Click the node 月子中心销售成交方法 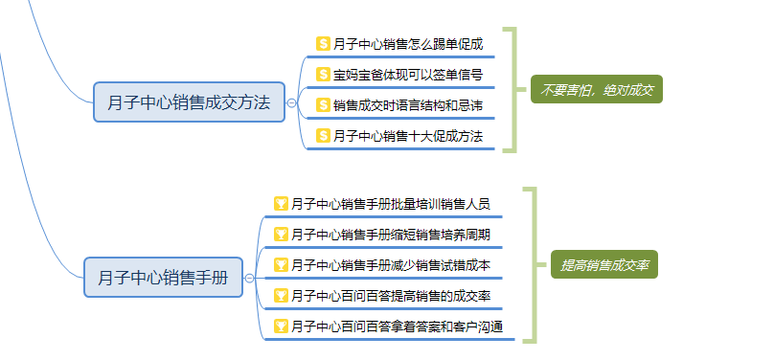tap(189, 101)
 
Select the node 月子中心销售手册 tap(162, 278)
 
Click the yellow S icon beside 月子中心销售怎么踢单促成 tap(324, 44)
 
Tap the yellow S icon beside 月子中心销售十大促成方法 tap(324, 136)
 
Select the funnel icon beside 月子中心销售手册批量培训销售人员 tap(281, 204)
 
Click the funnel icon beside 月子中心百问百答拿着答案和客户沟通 tap(281, 326)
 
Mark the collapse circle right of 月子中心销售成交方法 tap(291, 101)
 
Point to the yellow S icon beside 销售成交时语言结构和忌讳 tap(324, 105)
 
